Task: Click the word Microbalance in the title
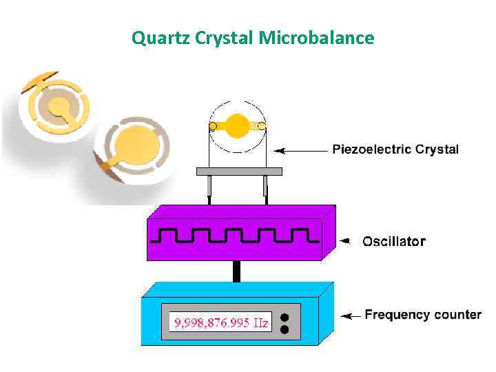point(317,38)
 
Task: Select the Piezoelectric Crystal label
point(395,149)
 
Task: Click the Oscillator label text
point(394,241)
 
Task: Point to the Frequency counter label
point(422,315)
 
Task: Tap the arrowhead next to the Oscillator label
point(348,241)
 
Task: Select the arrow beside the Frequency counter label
point(351,316)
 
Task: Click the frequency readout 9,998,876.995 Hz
point(222,322)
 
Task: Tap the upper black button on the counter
point(285,318)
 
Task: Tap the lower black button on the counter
point(285,330)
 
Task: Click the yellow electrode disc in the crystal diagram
point(238,125)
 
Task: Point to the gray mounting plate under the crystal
point(239,171)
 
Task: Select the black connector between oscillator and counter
point(237,271)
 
